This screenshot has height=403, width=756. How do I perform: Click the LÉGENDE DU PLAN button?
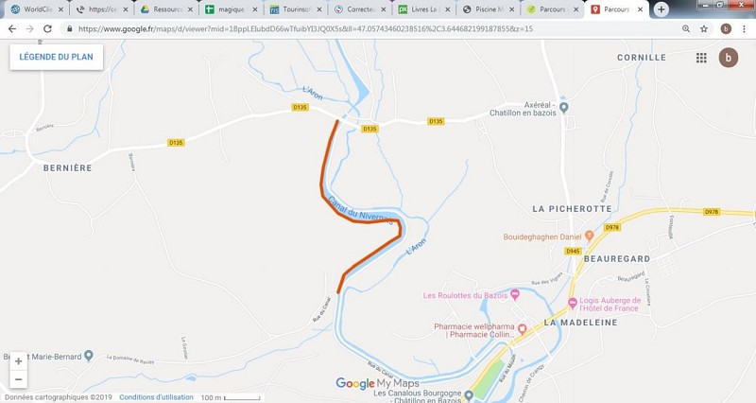[57, 57]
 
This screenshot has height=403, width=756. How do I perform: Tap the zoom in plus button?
[18, 361]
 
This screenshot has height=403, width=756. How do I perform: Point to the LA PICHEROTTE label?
[573, 208]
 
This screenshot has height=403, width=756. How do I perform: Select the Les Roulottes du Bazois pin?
[515, 293]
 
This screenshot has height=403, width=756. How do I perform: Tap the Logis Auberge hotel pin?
[573, 304]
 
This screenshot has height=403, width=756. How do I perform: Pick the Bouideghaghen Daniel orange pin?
[589, 234]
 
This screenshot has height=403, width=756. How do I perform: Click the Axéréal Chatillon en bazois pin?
[564, 108]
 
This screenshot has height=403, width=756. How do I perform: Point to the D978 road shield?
[611, 228]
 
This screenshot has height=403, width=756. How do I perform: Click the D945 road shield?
[573, 251]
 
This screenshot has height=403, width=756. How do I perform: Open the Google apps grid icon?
[701, 58]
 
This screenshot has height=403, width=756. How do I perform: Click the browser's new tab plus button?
[661, 9]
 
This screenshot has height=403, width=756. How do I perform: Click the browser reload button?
[50, 28]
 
